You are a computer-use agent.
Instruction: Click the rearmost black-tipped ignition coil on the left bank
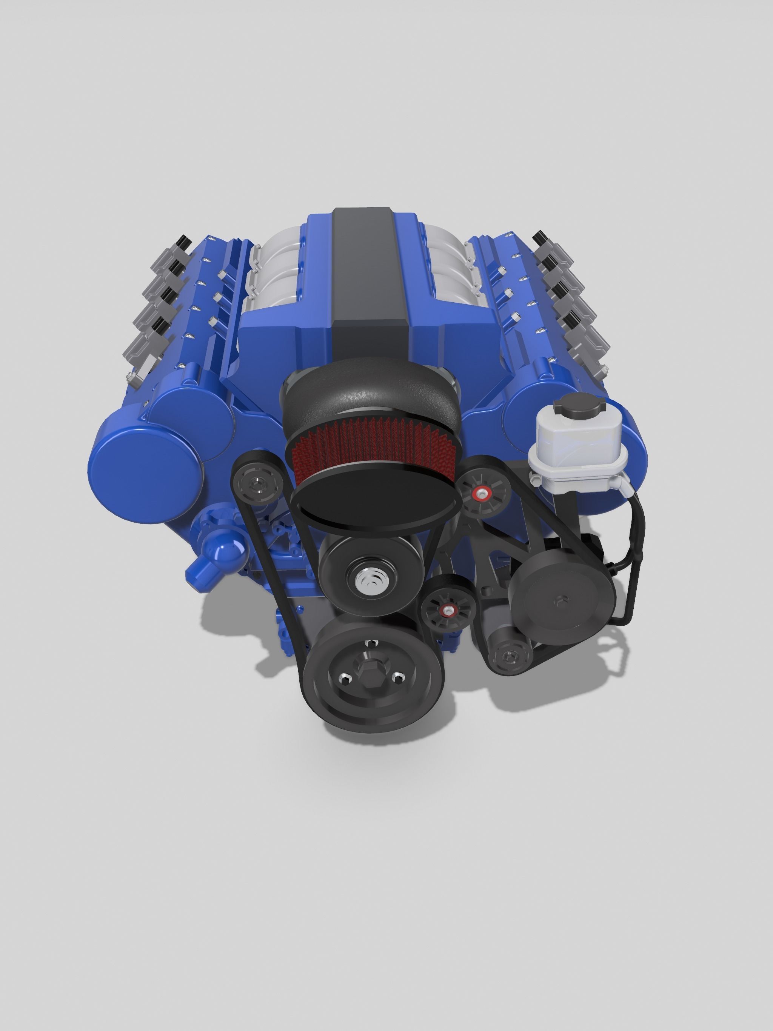[x=182, y=243]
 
